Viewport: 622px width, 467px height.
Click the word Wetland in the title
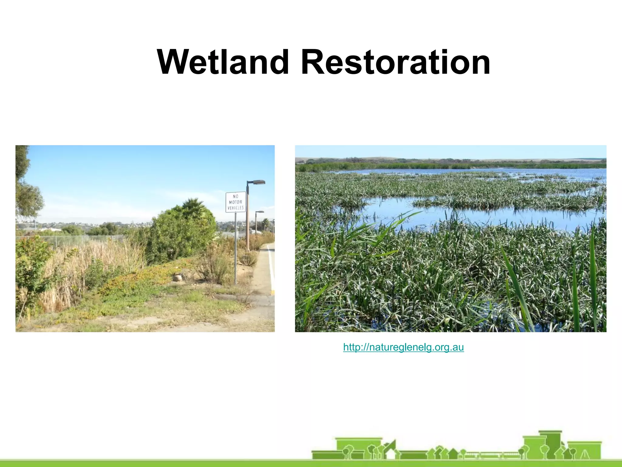223,62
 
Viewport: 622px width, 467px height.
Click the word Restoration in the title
395,62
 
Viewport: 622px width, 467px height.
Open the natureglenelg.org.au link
403,347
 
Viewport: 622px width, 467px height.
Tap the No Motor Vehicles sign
235,202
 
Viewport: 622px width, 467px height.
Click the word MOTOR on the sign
235,202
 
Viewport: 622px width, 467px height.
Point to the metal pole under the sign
236,249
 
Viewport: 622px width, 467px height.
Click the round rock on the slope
177,277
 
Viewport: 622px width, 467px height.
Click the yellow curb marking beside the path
272,292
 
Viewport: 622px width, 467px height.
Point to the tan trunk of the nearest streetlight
248,219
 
